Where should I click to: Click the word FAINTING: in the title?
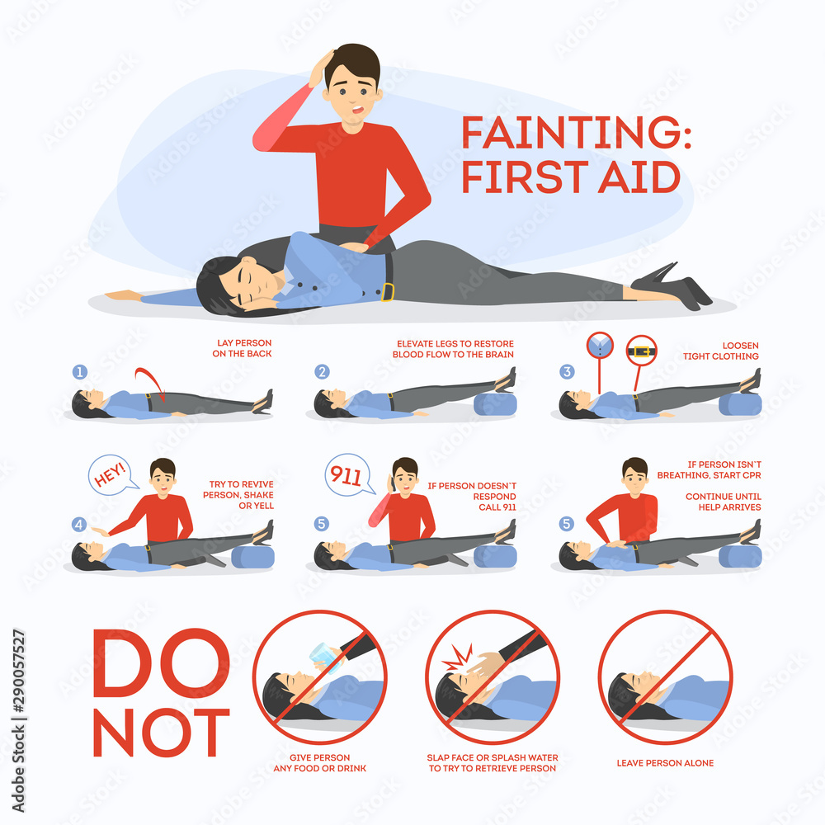576,132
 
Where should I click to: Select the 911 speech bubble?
348,475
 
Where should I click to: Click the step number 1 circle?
79,372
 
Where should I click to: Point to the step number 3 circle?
567,371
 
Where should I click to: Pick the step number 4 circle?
79,524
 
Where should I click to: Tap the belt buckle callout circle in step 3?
641,351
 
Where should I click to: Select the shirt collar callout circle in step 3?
600,346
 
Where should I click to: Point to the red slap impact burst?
458,658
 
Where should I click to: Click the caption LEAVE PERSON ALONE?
665,763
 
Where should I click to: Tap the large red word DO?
161,663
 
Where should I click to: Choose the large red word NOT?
161,733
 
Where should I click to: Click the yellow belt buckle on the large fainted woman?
388,292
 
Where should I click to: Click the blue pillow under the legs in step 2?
495,404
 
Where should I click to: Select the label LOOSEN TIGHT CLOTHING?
721,351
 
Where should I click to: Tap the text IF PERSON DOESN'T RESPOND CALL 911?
471,496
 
